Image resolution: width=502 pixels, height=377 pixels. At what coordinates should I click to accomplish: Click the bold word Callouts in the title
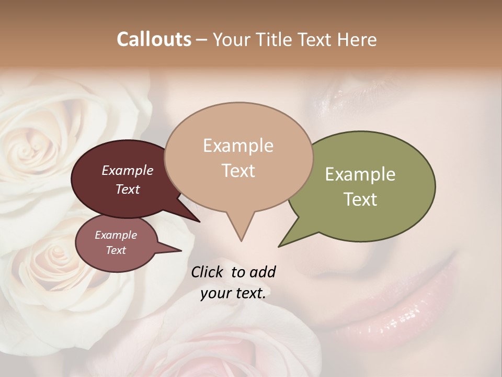[154, 39]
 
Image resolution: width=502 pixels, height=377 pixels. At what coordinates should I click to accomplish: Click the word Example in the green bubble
[360, 174]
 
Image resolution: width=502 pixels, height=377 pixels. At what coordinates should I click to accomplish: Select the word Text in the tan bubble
[238, 171]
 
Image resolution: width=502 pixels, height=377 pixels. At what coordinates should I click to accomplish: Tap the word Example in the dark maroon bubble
[128, 170]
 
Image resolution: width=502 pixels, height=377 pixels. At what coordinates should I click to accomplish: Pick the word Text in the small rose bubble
[116, 250]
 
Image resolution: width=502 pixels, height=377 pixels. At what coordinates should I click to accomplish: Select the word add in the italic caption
[263, 272]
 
